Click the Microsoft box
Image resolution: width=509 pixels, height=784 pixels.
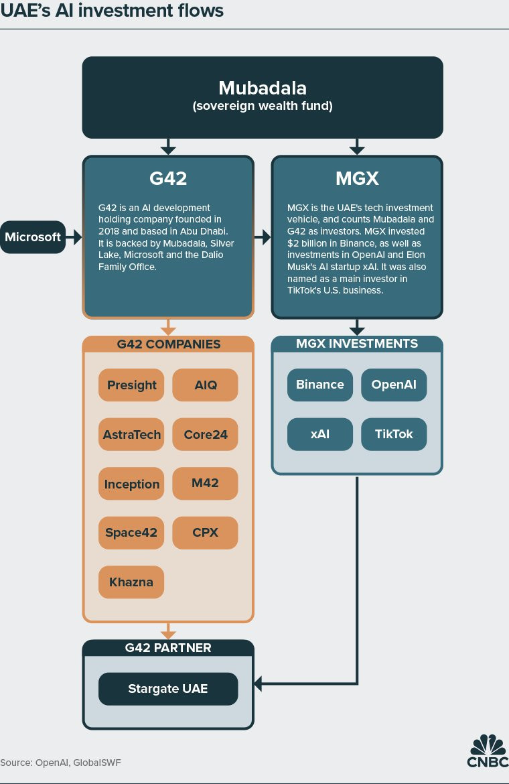coord(33,237)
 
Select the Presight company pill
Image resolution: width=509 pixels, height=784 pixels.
coord(131,385)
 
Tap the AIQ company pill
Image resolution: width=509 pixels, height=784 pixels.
coord(205,385)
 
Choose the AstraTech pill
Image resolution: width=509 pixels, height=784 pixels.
coord(131,435)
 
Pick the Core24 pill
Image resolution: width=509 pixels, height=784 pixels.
coord(205,435)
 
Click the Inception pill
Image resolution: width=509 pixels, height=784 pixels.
coord(131,484)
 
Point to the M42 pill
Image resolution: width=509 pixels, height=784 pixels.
coord(205,483)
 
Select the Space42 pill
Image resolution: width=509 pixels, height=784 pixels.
coord(131,533)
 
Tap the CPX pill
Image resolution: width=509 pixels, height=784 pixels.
coord(205,533)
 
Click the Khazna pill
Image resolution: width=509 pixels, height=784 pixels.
coord(131,582)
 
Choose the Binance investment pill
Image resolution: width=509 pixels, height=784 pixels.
coord(320,385)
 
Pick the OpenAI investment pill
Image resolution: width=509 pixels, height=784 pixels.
coord(394,385)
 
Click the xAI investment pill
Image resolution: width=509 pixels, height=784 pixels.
coord(320,434)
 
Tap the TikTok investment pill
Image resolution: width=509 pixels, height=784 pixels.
coord(394,434)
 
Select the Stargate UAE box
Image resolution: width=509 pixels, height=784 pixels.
coord(168,689)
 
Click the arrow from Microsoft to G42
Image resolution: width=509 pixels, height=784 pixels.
coord(74,237)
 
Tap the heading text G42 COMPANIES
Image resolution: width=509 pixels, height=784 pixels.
coord(168,344)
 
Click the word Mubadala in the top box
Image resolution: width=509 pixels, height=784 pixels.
coord(262,88)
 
